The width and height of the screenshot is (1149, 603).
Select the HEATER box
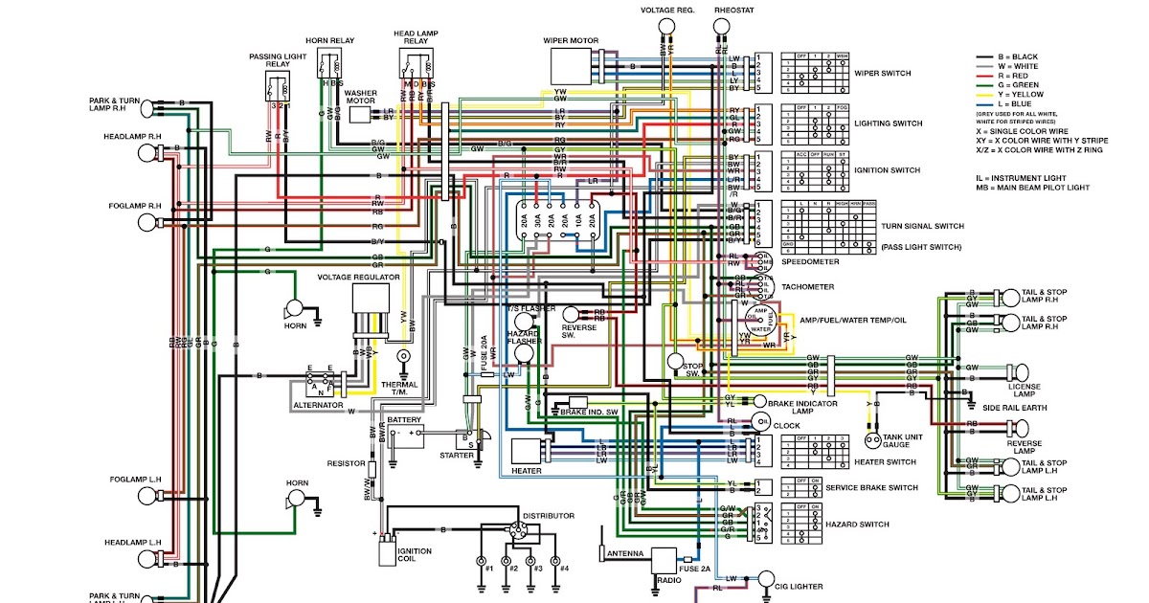(526, 451)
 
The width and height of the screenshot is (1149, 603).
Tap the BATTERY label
(404, 419)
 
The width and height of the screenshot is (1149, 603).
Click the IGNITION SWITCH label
(887, 170)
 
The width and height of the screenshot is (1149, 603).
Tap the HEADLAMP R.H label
(133, 137)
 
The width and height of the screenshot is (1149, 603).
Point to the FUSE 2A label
(696, 569)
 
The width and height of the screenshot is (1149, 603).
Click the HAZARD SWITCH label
(857, 525)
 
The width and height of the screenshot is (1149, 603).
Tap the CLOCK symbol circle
(762, 421)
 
